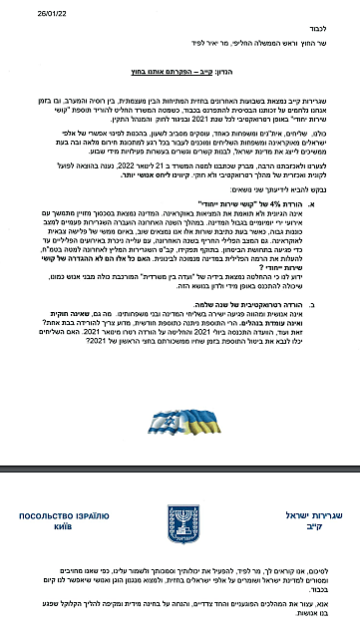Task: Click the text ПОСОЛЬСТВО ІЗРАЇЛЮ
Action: pyautogui.click(x=63, y=515)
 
